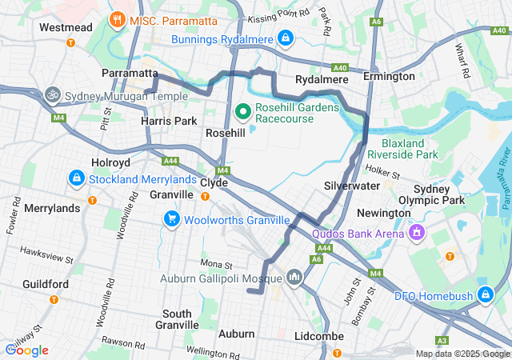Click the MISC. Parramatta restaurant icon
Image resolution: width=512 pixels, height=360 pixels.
pyautogui.click(x=118, y=18)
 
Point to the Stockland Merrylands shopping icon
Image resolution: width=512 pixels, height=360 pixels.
pyautogui.click(x=77, y=178)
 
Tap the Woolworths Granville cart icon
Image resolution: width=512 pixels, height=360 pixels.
pyautogui.click(x=171, y=219)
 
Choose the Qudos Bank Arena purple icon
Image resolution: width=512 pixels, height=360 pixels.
pyautogui.click(x=416, y=234)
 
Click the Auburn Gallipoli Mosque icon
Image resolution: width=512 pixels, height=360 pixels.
pyautogui.click(x=294, y=278)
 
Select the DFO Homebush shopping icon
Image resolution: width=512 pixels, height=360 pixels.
pyautogui.click(x=485, y=295)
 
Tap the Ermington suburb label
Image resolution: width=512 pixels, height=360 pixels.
pyautogui.click(x=389, y=76)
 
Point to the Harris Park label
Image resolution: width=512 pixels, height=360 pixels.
pyautogui.click(x=169, y=121)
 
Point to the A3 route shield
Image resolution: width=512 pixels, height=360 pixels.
pyautogui.click(x=464, y=339)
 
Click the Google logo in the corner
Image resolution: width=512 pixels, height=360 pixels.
pyautogui.click(x=26, y=350)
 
